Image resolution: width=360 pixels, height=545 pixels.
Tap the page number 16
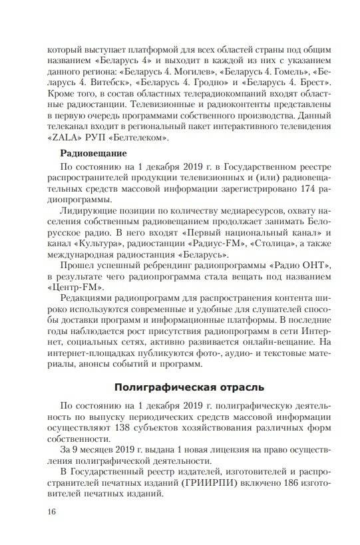tap(53, 511)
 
